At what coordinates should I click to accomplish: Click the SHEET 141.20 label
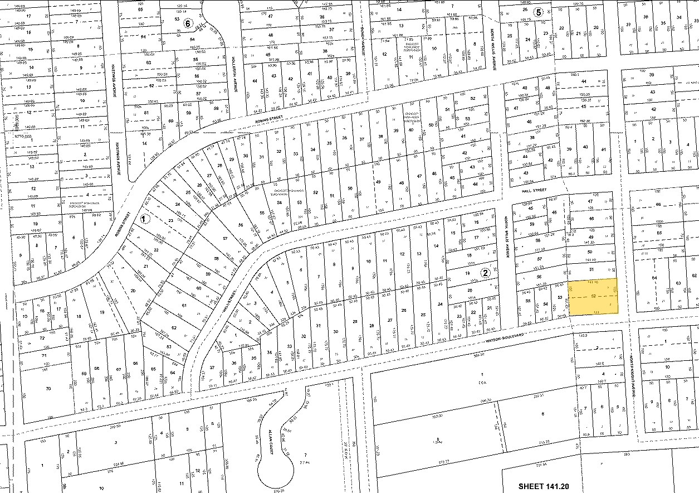[549, 486]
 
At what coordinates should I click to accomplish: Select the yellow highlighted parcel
[593, 297]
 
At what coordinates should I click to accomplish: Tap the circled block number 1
[145, 219]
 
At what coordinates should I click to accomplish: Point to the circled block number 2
[485, 273]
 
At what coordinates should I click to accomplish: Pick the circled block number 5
[537, 12]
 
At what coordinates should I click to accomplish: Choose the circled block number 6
[188, 23]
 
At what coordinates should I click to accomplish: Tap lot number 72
[42, 338]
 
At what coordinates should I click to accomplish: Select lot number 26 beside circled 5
[524, 9]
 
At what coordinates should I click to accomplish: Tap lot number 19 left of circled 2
[470, 273]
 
